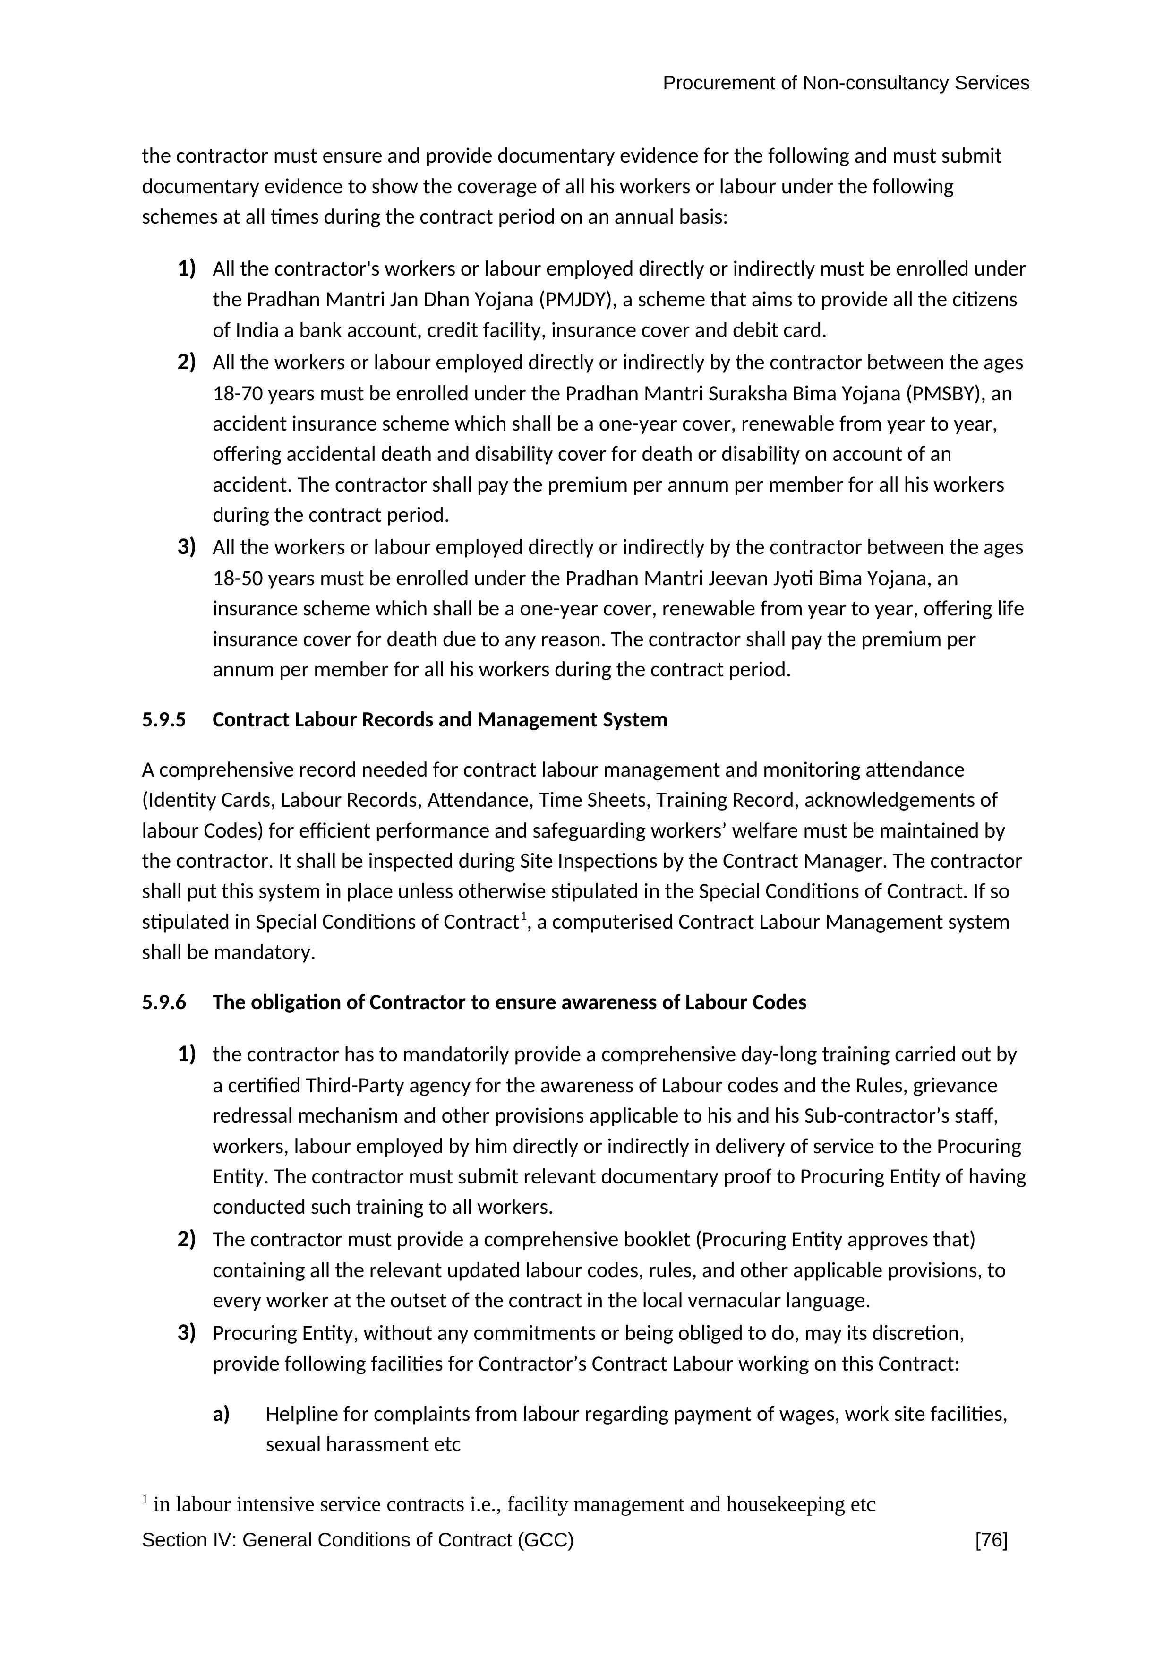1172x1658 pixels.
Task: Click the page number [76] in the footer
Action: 991,1540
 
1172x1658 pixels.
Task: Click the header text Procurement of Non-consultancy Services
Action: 846,83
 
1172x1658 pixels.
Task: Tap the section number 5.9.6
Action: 164,1002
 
